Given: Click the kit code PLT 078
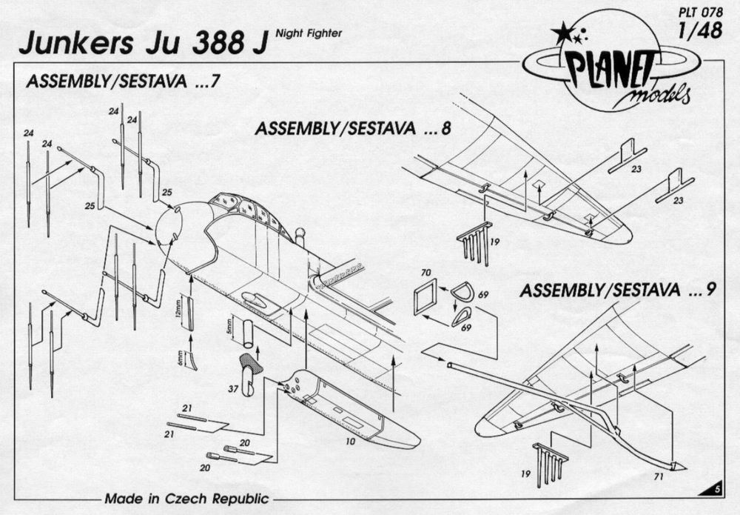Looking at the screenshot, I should tap(701, 12).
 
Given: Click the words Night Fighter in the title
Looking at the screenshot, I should tap(309, 33).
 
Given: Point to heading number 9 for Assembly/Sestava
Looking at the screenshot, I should tap(710, 290).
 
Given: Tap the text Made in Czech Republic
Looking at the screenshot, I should tap(186, 498).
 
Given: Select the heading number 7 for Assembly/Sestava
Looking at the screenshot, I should tap(215, 82).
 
